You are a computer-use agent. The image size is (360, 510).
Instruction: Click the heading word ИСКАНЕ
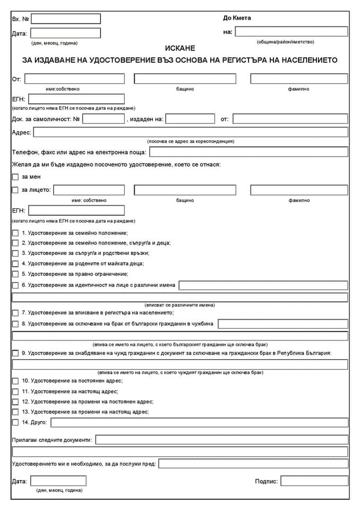(180, 48)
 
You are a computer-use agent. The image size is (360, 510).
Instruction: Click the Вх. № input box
(66, 19)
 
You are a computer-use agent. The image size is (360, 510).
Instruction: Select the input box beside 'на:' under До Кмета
(292, 32)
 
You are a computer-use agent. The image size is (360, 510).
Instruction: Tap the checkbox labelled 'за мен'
(15, 177)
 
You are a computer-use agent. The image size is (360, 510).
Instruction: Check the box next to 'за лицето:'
(15, 190)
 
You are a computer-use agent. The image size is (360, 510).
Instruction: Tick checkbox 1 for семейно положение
(15, 233)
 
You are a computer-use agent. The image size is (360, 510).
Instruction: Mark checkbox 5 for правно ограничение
(15, 274)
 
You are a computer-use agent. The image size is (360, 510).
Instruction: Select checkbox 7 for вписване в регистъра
(15, 313)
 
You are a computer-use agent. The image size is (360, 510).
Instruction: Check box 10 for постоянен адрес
(15, 381)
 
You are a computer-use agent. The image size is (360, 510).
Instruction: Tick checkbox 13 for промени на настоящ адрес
(15, 412)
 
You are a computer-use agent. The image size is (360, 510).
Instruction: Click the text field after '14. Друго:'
(200, 423)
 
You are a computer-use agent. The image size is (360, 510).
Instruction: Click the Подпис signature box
(314, 481)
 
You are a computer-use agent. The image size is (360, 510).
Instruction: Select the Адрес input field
(191, 132)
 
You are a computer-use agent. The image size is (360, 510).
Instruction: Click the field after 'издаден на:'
(190, 119)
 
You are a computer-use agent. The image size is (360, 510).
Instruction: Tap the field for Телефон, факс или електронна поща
(248, 152)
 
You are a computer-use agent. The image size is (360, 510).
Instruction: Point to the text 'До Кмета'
(237, 18)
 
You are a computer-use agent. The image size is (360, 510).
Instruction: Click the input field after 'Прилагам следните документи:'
(222, 440)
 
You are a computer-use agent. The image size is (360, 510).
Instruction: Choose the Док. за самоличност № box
(104, 119)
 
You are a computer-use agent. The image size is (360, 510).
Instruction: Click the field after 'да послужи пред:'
(253, 464)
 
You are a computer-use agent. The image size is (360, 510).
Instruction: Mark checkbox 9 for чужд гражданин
(15, 353)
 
